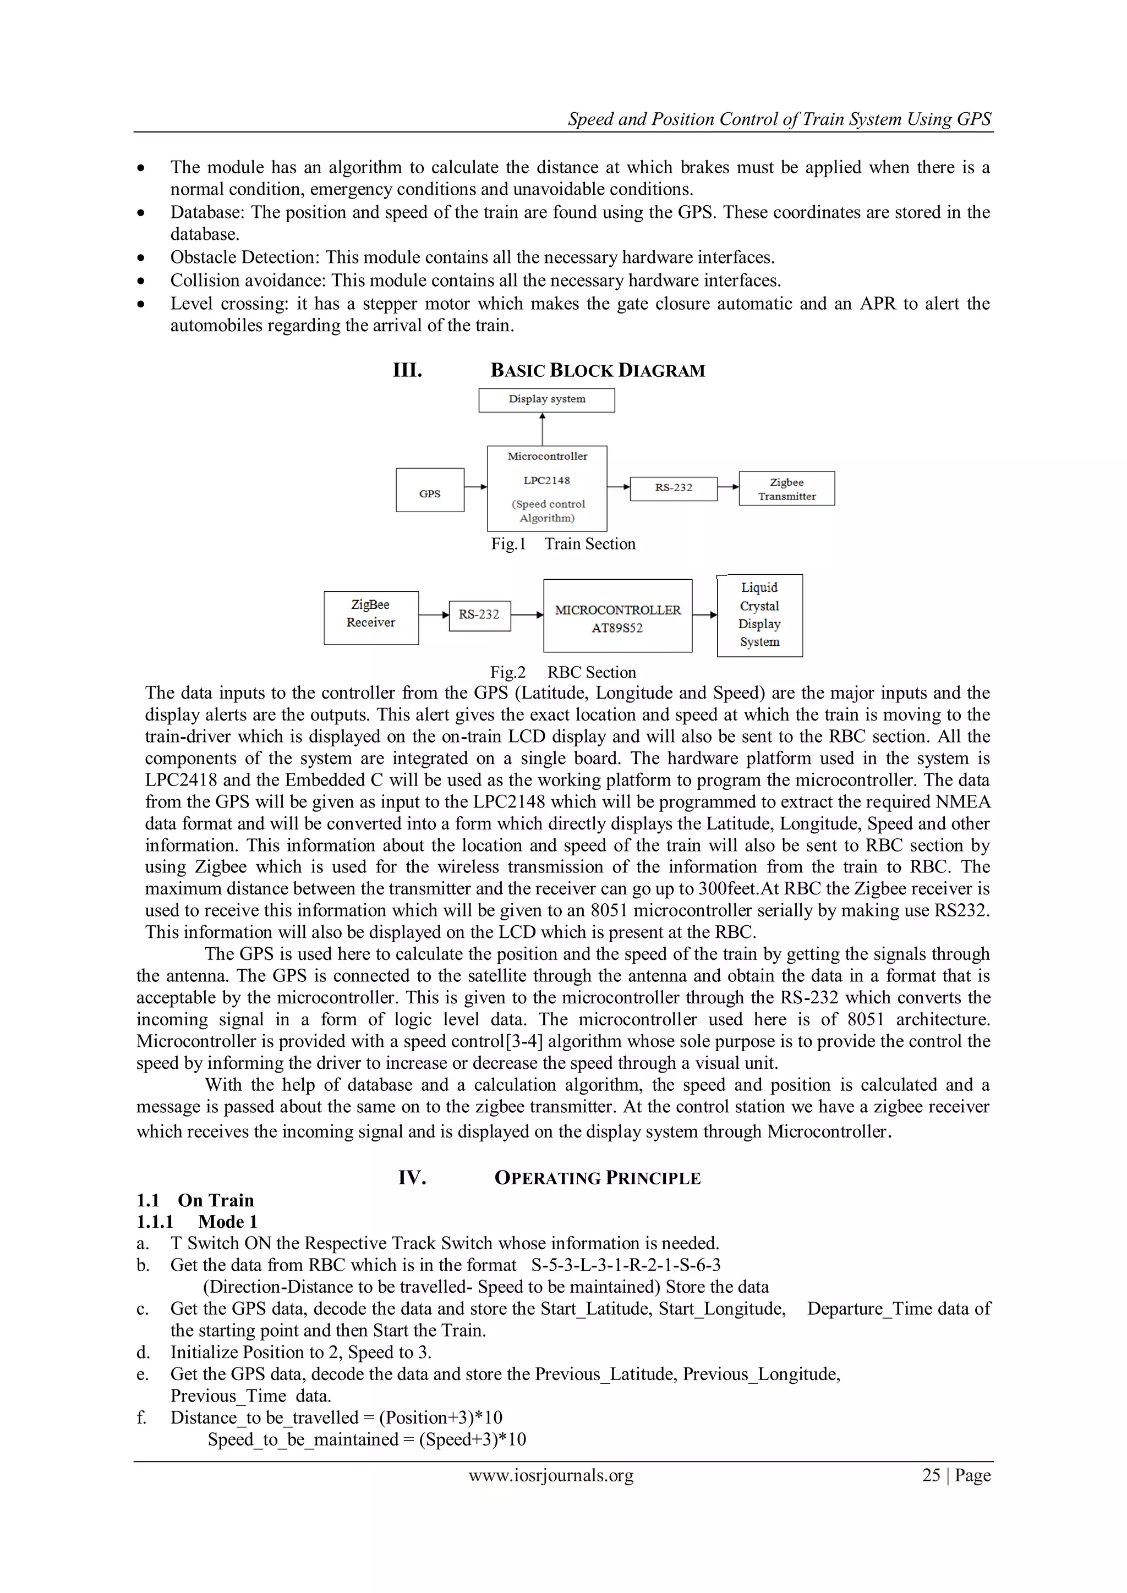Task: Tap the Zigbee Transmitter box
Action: click(x=786, y=488)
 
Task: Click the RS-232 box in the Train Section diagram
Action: click(x=673, y=488)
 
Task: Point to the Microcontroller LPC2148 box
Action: click(x=547, y=488)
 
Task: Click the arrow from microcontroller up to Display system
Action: click(x=543, y=429)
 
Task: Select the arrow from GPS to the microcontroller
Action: click(x=475, y=487)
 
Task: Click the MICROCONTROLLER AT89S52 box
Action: click(x=617, y=616)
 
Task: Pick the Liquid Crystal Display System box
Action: click(x=759, y=616)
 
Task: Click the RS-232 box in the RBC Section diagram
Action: click(x=479, y=616)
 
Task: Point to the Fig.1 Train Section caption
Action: click(x=563, y=544)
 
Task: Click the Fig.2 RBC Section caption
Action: click(x=563, y=672)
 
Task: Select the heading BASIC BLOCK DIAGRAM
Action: click(x=597, y=371)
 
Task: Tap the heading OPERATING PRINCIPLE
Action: click(x=597, y=1178)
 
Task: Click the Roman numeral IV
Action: click(x=412, y=1178)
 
